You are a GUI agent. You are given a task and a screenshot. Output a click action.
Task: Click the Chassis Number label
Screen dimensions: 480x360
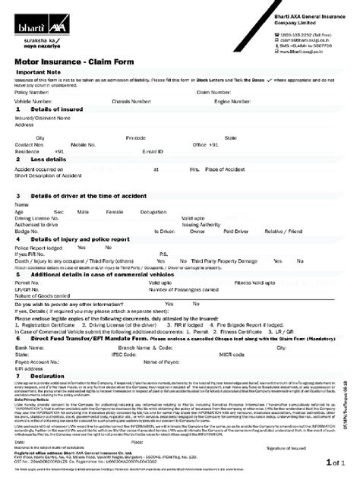pos(134,100)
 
